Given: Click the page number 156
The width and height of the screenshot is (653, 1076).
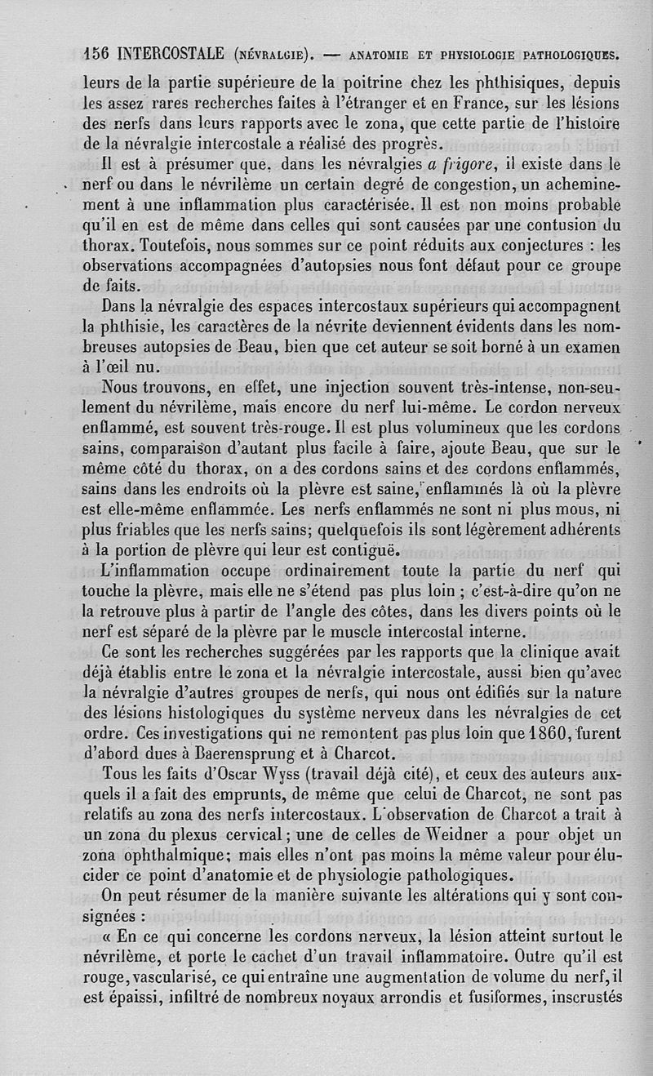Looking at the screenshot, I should pos(99,55).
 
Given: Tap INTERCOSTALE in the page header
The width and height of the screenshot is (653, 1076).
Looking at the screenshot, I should pos(171,55).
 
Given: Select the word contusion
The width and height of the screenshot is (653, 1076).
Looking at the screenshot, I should pos(553,225).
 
